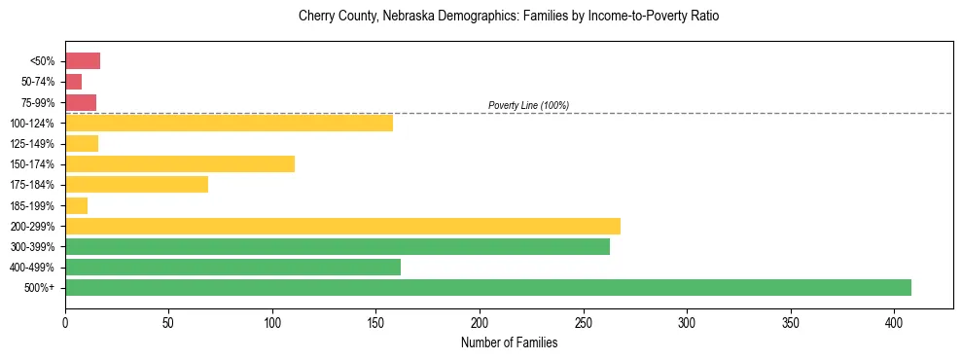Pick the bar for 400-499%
point(232,267)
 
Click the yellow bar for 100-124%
point(229,123)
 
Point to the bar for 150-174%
point(180,163)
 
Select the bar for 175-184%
point(136,184)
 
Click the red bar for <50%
point(83,61)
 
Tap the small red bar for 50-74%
point(74,82)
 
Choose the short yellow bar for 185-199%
point(77,205)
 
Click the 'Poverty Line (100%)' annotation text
point(528,105)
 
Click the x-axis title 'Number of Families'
point(509,342)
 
